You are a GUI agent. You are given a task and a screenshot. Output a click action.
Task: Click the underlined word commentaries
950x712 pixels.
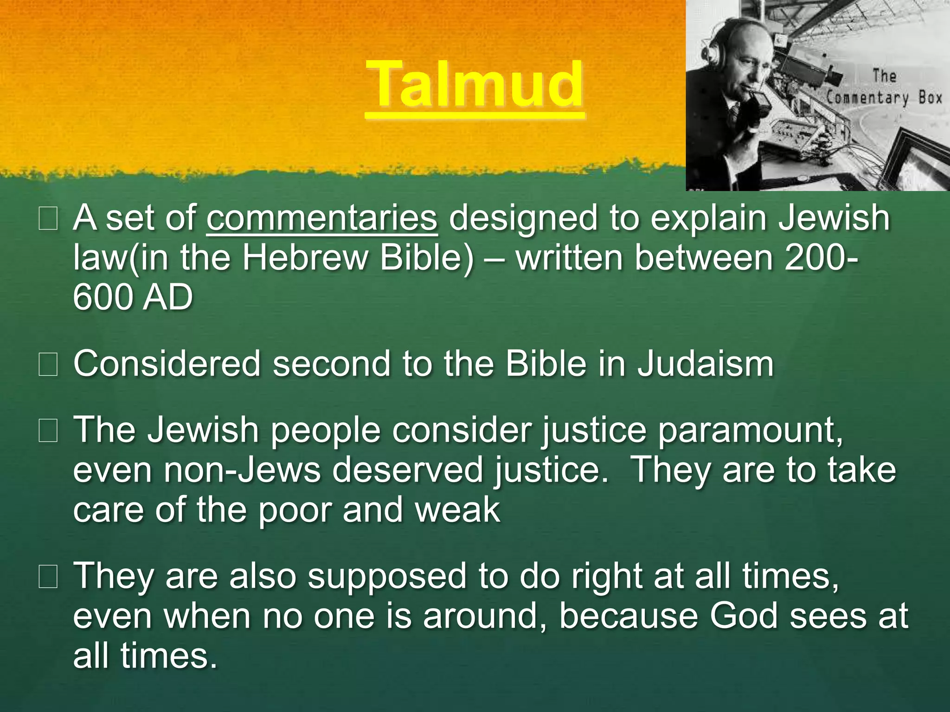point(322,218)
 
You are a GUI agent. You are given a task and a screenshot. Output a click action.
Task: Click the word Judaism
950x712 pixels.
point(705,364)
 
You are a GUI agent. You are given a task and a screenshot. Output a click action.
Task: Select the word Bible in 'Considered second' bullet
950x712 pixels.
point(546,364)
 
